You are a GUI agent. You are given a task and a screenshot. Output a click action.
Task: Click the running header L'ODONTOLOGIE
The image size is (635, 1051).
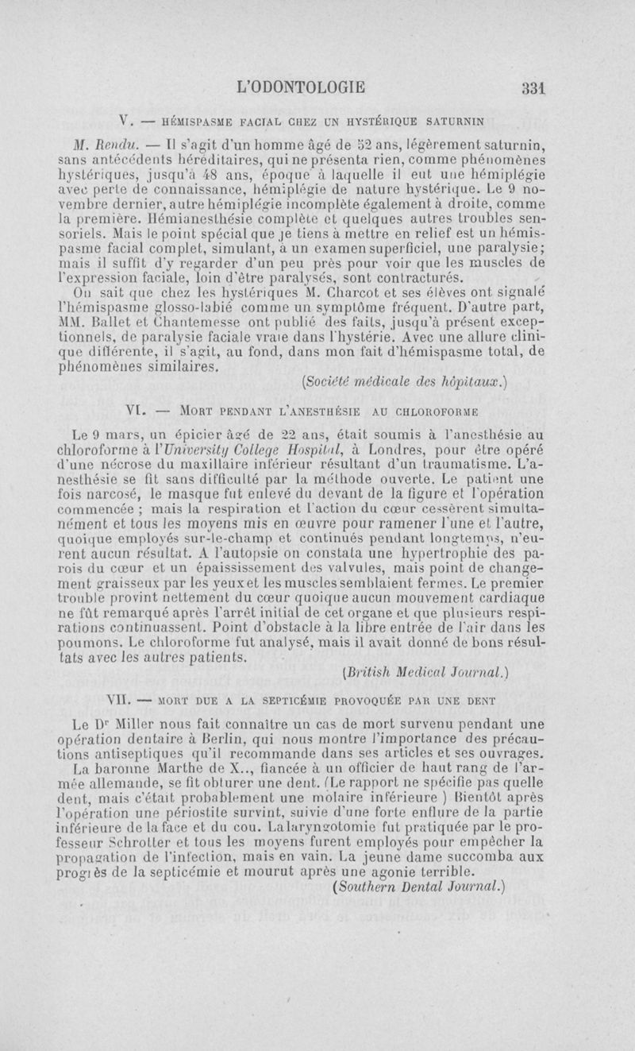click(307, 87)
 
